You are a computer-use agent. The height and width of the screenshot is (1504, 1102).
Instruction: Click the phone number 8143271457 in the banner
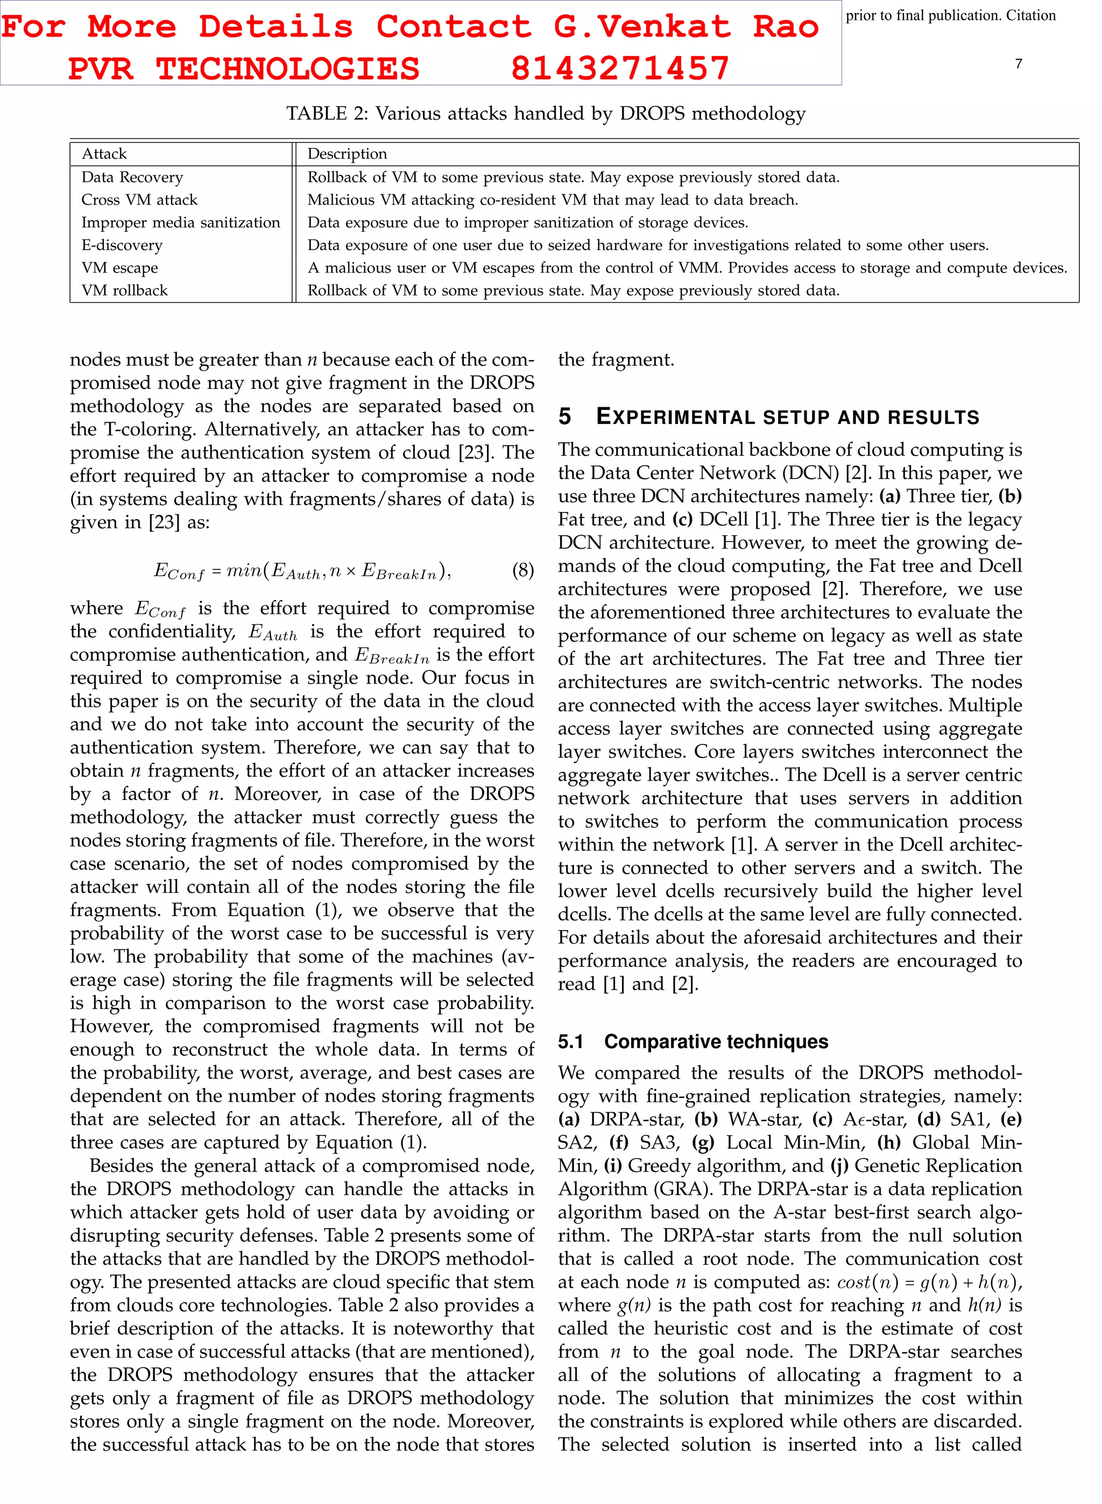tap(620, 69)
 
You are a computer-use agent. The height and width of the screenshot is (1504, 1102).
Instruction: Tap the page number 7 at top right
tap(1018, 64)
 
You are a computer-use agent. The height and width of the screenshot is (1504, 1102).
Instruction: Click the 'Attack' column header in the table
tap(104, 154)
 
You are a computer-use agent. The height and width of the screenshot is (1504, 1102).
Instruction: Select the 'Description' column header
tap(347, 154)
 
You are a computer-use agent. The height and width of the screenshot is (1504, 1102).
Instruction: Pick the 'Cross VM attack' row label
tap(139, 200)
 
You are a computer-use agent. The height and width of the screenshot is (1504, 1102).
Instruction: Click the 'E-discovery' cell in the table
tap(122, 245)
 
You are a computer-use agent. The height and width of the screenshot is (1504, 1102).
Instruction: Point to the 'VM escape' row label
tap(120, 268)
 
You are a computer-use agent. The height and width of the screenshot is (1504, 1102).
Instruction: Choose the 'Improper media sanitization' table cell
tap(181, 223)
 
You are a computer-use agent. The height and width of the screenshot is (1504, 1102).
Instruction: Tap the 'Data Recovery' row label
tap(132, 178)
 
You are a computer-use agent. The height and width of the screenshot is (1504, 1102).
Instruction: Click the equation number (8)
tap(523, 570)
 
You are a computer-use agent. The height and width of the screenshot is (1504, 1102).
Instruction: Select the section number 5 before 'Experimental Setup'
tap(564, 417)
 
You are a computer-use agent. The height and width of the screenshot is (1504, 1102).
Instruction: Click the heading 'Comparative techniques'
tap(716, 1041)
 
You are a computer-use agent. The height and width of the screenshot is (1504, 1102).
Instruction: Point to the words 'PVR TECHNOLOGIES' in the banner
tap(243, 69)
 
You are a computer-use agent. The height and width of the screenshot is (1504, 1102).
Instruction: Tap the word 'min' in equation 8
tap(244, 570)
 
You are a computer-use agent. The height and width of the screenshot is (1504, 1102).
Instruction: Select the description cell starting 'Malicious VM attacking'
tap(552, 200)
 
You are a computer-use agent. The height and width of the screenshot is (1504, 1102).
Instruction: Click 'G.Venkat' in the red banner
tap(642, 27)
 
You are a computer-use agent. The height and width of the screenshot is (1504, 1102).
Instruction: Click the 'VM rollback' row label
tap(125, 290)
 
